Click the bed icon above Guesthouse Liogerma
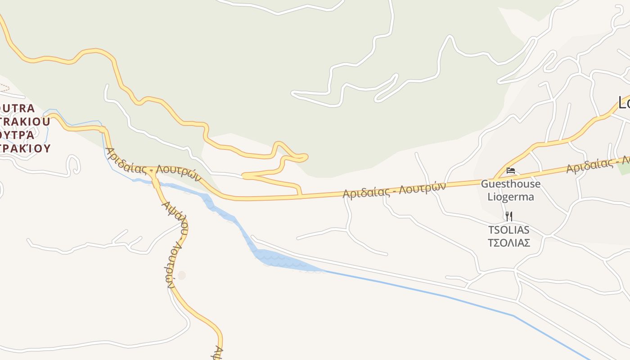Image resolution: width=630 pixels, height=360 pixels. pos(510,171)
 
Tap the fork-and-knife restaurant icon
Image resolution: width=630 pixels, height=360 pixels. pos(508,216)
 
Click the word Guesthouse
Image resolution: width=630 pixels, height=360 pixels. pos(511,184)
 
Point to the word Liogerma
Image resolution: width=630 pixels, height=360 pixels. pos(511,197)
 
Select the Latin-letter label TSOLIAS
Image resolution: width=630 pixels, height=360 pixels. pos(508,230)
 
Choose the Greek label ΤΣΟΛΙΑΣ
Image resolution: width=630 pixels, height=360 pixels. pos(508,243)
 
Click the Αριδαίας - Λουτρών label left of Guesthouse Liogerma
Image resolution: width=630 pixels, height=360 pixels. pos(394,189)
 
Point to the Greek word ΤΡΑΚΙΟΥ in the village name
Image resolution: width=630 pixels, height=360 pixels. pos(25,148)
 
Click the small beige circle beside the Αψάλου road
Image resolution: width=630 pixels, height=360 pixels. pos(181,275)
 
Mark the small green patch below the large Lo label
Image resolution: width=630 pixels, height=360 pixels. pos(624,167)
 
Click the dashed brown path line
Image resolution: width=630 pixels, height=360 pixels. pos(4,87)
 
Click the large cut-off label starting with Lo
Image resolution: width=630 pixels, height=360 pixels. pos(624,103)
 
